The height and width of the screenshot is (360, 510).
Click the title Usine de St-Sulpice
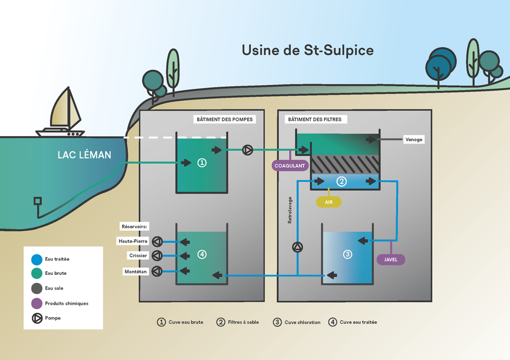click(308, 50)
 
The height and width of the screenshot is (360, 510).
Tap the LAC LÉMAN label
click(84, 155)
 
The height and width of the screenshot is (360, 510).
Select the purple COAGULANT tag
click(290, 166)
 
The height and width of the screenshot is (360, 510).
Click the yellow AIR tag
click(329, 202)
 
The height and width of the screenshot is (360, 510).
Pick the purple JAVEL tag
click(391, 260)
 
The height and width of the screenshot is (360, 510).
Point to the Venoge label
click(414, 139)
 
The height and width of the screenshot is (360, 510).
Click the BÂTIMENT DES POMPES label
click(225, 119)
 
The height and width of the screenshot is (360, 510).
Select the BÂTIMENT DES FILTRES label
click(315, 119)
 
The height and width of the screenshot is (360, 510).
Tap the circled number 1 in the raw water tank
click(202, 162)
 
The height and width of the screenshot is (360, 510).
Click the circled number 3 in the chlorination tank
click(348, 254)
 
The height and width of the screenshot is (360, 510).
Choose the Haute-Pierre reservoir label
click(132, 241)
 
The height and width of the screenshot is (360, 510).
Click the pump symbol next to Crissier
click(157, 255)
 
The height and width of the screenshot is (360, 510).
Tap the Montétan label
click(136, 272)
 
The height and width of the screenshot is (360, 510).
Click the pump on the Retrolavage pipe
click(298, 247)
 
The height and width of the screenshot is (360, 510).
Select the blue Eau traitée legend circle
click(37, 260)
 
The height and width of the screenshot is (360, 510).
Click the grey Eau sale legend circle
click(37, 288)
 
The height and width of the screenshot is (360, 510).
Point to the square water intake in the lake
click(38, 201)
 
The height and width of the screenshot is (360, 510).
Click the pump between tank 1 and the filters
click(248, 150)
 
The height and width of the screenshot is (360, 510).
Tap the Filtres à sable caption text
click(243, 322)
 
